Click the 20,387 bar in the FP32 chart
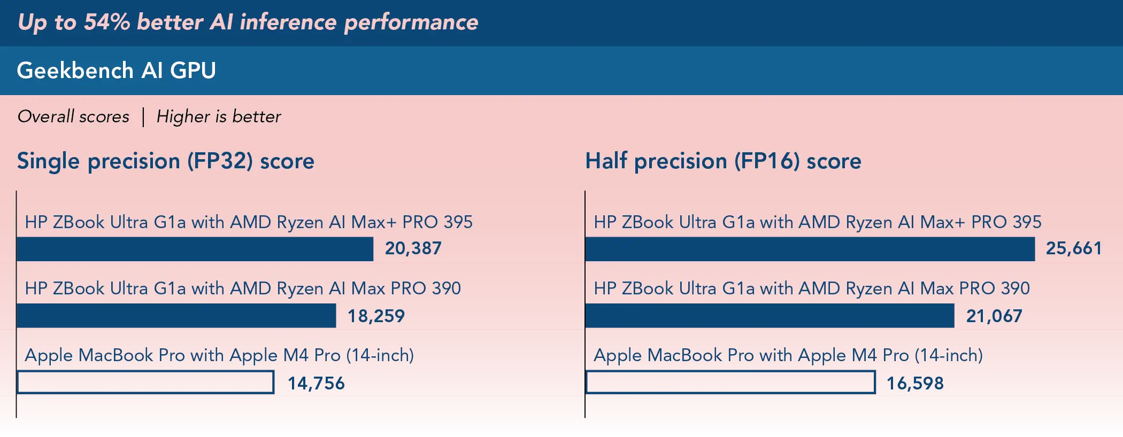pyautogui.click(x=195, y=249)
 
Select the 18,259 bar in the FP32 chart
pyautogui.click(x=176, y=316)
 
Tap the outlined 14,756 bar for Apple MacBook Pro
pyautogui.click(x=146, y=383)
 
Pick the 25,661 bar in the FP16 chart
pyautogui.click(x=810, y=249)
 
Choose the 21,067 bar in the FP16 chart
pyautogui.click(x=770, y=316)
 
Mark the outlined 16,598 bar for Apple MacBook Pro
pyautogui.click(x=731, y=383)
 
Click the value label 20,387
pyautogui.click(x=413, y=248)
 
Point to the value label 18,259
pyautogui.click(x=376, y=316)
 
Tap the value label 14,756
pyautogui.click(x=316, y=384)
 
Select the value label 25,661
pyautogui.click(x=1074, y=248)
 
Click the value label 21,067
pyautogui.click(x=994, y=316)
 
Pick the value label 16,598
pyautogui.click(x=915, y=384)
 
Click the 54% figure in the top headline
pyautogui.click(x=107, y=22)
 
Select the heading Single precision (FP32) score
pyautogui.click(x=166, y=161)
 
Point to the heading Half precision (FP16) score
pyautogui.click(x=723, y=161)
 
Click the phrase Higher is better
pyautogui.click(x=219, y=116)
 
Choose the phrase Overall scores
pyautogui.click(x=73, y=116)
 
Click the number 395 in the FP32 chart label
pyautogui.click(x=458, y=222)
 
